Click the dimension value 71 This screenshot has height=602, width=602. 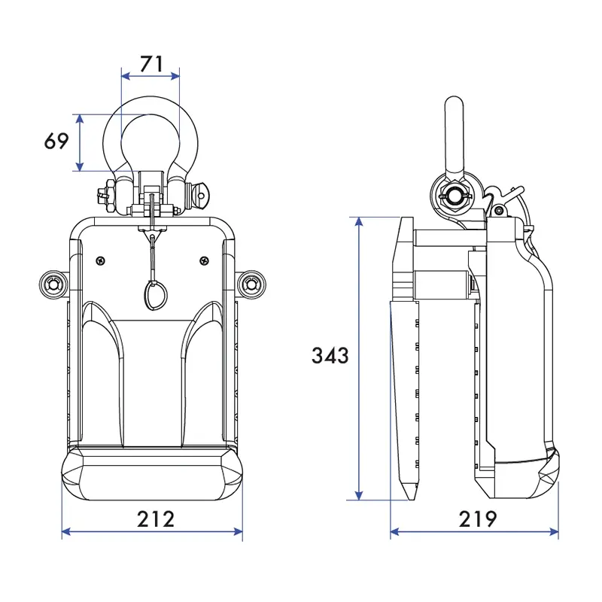pyautogui.click(x=151, y=64)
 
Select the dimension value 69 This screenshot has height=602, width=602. pyautogui.click(x=56, y=141)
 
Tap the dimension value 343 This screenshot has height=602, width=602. pyautogui.click(x=330, y=355)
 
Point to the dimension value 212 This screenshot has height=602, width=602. pyautogui.click(x=156, y=519)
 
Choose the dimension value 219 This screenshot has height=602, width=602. pyautogui.click(x=478, y=519)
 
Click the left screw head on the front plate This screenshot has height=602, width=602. pyautogui.click(x=101, y=261)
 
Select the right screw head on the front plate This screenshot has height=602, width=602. pyautogui.click(x=205, y=261)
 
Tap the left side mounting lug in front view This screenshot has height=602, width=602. pyautogui.click(x=53, y=284)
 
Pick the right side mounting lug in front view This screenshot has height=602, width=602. pyautogui.click(x=251, y=284)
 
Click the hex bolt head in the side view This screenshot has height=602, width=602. pyautogui.click(x=455, y=195)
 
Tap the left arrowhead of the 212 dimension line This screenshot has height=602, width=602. pyautogui.click(x=66, y=532)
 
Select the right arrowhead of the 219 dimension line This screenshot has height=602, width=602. pyautogui.click(x=554, y=532)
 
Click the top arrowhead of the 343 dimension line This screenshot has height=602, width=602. pyautogui.click(x=359, y=221)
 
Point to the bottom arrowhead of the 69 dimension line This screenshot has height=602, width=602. pyautogui.click(x=80, y=166)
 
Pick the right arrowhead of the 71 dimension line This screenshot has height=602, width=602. pyautogui.click(x=175, y=76)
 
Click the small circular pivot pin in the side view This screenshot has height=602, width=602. pyautogui.click(x=499, y=210)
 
